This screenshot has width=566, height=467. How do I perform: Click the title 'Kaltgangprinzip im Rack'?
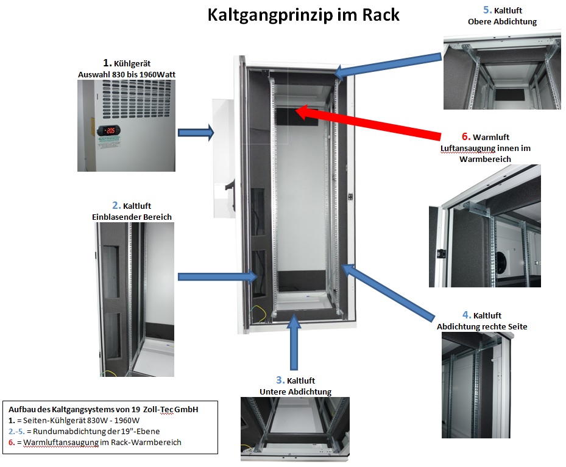pos(303,15)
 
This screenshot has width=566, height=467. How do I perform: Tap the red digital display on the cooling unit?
pos(110,130)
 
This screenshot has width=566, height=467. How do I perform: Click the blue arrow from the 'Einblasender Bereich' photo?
pos(219,277)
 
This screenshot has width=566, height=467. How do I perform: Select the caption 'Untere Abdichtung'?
pos(295,392)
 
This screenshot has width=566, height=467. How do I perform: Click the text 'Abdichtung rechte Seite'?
pos(482,326)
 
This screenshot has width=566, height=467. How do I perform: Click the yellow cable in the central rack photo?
pos(260,311)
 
